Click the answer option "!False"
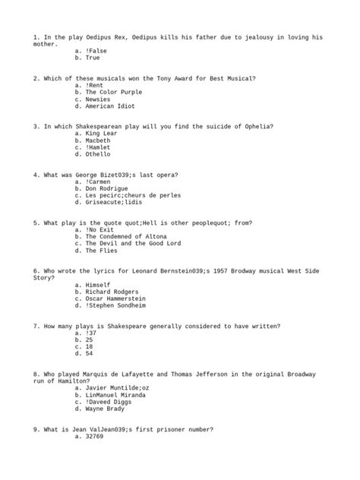97,50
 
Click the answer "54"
89,353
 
